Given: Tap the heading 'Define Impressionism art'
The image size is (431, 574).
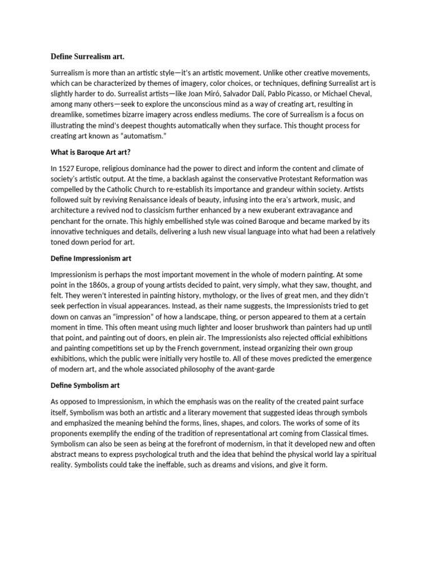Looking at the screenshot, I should [91, 258].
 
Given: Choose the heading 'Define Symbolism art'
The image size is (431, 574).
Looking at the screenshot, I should [85, 386].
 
